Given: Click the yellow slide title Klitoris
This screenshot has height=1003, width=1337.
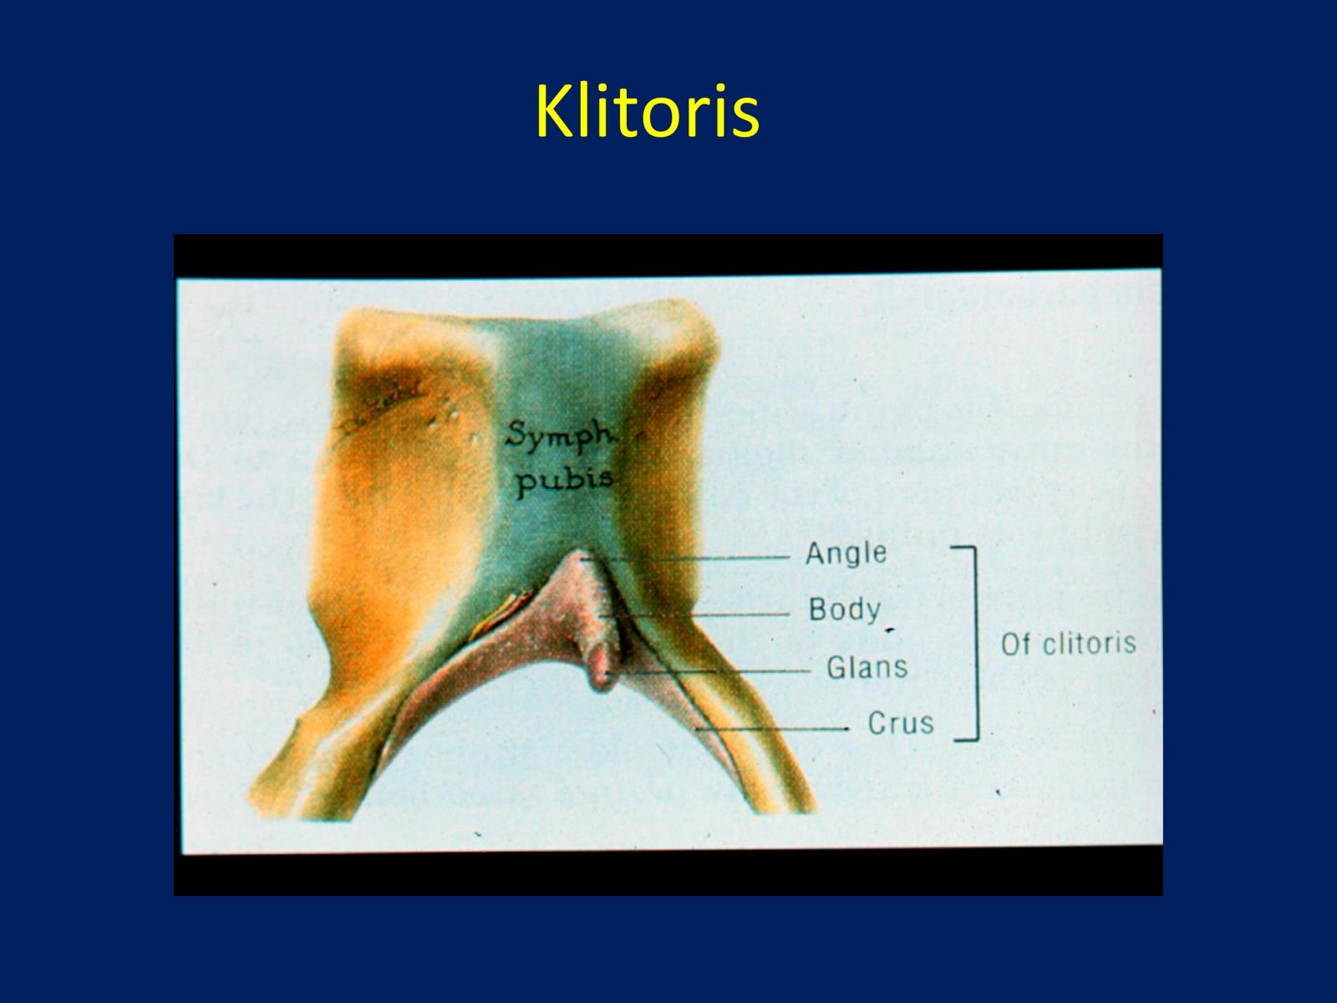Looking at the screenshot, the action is [648, 111].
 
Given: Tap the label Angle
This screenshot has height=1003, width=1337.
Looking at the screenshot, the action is [846, 553].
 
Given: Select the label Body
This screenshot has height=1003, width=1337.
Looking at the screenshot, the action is [844, 609].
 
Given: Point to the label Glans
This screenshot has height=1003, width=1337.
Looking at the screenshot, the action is [867, 668].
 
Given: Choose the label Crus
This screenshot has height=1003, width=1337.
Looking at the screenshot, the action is [900, 724].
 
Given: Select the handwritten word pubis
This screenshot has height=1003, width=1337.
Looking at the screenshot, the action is [564, 481].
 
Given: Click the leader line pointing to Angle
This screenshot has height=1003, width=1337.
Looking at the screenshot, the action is [684, 558].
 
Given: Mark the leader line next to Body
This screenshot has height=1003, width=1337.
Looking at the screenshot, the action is [694, 615].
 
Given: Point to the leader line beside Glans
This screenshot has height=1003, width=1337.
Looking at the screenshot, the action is [709, 672].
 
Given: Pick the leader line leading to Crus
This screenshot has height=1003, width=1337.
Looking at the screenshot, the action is [773, 728].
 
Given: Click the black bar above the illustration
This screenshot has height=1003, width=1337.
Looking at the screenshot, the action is [668, 255].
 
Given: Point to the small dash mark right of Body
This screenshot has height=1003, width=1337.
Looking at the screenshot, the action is [890, 630].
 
